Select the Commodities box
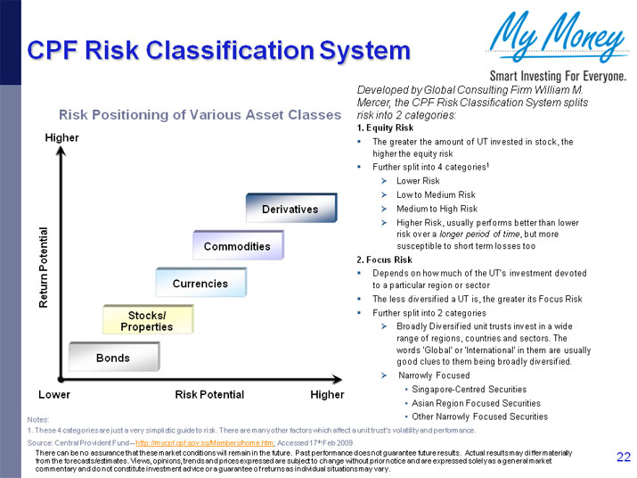pyautogui.click(x=237, y=245)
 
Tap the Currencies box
pyautogui.click(x=200, y=283)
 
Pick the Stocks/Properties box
pyautogui.click(x=147, y=321)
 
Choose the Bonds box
pyautogui.click(x=113, y=358)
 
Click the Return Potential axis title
pyautogui.click(x=43, y=268)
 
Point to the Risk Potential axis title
pyautogui.click(x=209, y=394)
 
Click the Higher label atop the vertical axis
pyautogui.click(x=61, y=137)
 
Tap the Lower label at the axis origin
pyautogui.click(x=54, y=394)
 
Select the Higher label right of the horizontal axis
pyautogui.click(x=327, y=394)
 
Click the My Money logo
pyautogui.click(x=550, y=36)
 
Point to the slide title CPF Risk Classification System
pyautogui.click(x=218, y=51)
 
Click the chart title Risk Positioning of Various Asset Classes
pyautogui.click(x=200, y=115)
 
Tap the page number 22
pyautogui.click(x=624, y=457)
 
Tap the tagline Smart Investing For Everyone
pyautogui.click(x=555, y=75)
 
